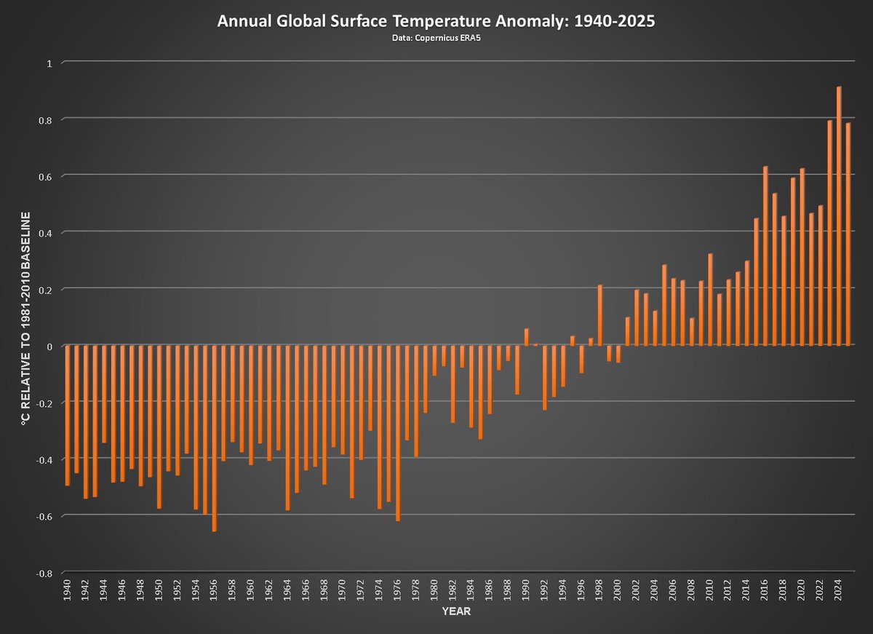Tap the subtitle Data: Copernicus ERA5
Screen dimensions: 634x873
coord(436,38)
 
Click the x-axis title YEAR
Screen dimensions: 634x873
coord(455,611)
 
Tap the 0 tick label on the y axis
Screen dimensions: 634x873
coord(49,346)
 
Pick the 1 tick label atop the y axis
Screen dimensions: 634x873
coord(49,63)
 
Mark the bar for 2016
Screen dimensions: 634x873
coord(765,255)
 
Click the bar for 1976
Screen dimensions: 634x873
coord(398,433)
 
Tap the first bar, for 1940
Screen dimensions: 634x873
coord(67,416)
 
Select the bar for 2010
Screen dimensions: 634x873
coord(710,299)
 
